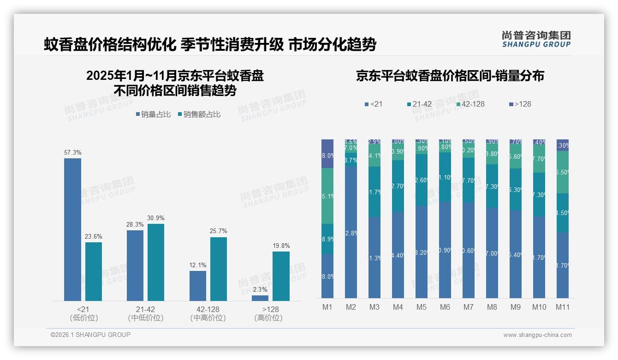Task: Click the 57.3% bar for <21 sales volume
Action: tap(72, 229)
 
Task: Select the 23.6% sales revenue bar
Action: tap(94, 271)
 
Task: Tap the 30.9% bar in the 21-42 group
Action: tap(156, 262)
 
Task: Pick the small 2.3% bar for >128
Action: tap(260, 298)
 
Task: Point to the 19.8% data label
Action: tap(281, 246)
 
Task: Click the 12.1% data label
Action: tap(198, 265)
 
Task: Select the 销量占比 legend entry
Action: tap(155, 114)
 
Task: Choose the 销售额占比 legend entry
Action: tap(199, 114)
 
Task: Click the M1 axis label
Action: tap(327, 307)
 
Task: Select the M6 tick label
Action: tap(445, 307)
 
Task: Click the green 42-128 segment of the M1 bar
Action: tap(327, 196)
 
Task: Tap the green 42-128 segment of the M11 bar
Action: tap(562, 172)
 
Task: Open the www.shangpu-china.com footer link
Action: tap(537, 335)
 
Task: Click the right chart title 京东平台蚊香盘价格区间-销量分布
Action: tap(450, 76)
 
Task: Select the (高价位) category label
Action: tap(268, 318)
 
